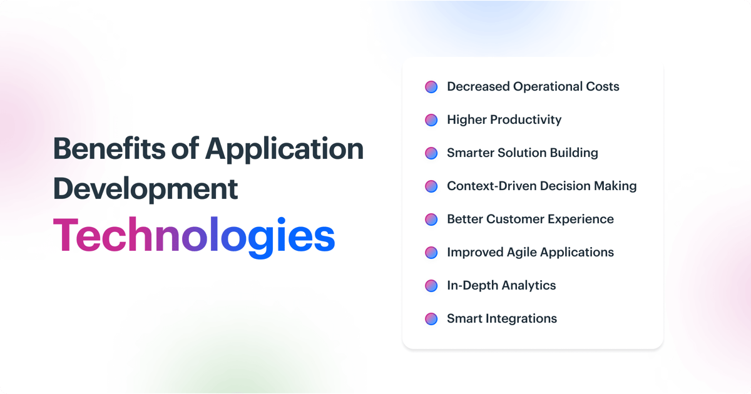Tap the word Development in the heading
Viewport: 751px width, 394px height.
145,188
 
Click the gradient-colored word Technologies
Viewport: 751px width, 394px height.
193,236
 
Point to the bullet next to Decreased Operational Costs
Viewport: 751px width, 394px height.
431,87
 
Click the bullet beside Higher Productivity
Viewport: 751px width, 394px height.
431,120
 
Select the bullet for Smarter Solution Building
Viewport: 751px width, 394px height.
431,153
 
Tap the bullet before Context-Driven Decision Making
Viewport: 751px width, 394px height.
431,186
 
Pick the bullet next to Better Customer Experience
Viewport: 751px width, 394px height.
431,220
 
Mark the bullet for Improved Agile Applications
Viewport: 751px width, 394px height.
431,253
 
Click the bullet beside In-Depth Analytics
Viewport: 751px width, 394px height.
431,286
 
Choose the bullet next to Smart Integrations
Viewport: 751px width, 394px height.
431,319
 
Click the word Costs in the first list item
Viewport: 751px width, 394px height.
601,87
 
